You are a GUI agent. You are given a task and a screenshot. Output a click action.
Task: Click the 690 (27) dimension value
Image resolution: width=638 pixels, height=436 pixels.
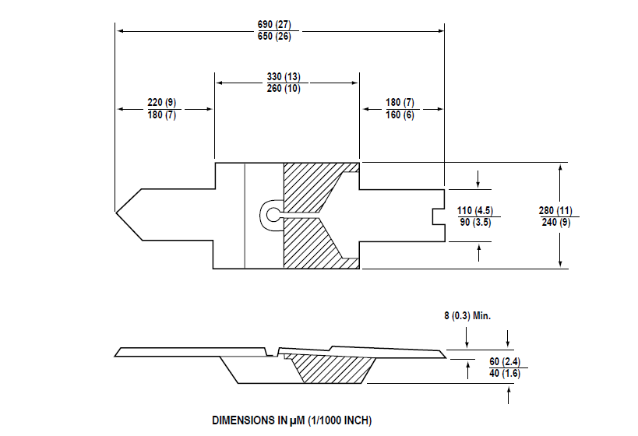click(x=274, y=24)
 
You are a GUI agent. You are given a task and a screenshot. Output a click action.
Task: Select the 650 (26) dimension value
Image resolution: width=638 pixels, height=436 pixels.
click(x=274, y=36)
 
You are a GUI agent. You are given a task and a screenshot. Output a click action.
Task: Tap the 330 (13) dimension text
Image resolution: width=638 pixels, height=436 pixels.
click(x=284, y=76)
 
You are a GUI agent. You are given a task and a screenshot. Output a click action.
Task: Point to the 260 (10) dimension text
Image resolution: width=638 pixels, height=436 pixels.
click(x=284, y=88)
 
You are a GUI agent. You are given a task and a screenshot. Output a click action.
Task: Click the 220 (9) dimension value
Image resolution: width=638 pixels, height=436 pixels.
click(x=161, y=103)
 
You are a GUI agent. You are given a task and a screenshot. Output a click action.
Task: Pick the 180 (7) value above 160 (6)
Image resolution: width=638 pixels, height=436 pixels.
click(x=400, y=103)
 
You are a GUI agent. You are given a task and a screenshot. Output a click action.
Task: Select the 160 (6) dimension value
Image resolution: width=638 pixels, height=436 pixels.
click(x=400, y=114)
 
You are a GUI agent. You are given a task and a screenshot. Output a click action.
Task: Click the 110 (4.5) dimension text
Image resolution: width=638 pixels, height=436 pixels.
click(x=475, y=211)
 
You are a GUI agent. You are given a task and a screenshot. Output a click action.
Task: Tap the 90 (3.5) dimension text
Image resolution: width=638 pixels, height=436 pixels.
click(x=475, y=223)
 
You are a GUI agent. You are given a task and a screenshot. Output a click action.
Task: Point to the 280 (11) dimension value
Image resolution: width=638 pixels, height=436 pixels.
click(x=555, y=211)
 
